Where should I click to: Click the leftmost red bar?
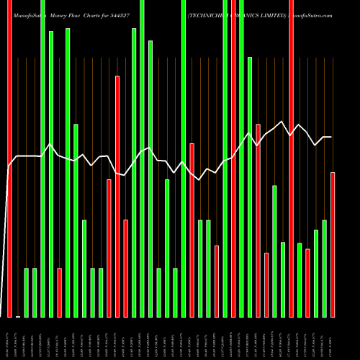[x=9, y=158]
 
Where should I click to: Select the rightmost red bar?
[x=333, y=245]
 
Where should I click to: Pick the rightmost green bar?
[x=324, y=268]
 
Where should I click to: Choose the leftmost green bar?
[x=27, y=292]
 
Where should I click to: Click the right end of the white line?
[x=331, y=137]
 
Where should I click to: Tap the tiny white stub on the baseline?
[x=18, y=316]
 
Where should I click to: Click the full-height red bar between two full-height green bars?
[x=233, y=158]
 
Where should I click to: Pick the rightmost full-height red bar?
[x=291, y=158]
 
